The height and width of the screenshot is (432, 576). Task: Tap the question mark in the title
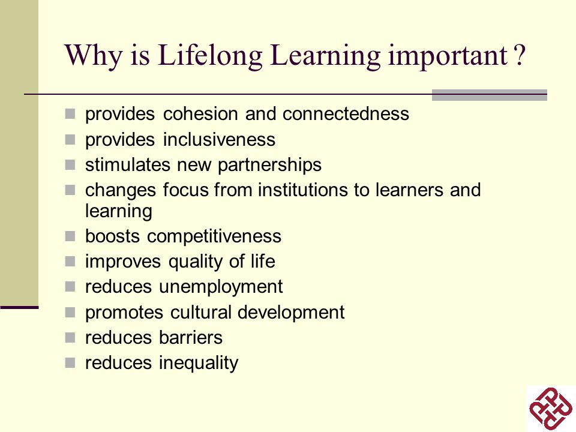point(520,55)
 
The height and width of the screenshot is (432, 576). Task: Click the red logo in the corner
point(551,408)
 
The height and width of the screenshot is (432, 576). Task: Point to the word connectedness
point(346,113)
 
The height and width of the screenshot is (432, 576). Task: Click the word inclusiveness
point(219,140)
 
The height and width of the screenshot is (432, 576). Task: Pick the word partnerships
point(269,166)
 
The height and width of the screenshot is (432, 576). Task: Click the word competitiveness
point(214,236)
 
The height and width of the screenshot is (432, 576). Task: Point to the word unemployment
point(221,287)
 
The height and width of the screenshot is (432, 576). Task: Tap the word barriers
point(191,338)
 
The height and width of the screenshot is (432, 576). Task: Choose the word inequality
point(199,364)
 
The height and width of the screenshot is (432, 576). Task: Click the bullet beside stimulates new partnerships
point(70,165)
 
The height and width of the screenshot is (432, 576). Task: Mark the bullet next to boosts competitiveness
point(70,236)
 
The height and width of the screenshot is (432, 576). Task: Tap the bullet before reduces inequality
point(70,363)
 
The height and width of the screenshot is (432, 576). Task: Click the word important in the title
point(448,56)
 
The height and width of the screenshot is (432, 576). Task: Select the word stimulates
point(128,165)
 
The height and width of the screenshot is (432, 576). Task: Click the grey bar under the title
point(490,95)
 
